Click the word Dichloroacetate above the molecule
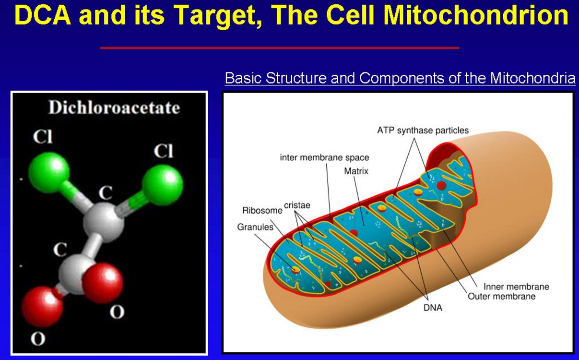point(114,108)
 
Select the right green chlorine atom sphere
point(163,185)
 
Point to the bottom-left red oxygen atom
point(42,307)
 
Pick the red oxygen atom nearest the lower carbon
point(102,283)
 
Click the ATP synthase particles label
point(423,131)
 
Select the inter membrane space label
point(324,157)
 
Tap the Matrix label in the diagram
point(356,171)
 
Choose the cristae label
point(297,205)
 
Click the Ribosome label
point(262,211)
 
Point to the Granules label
point(255,227)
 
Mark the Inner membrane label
point(516,287)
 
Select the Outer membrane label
point(502,296)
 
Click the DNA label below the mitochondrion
point(433,308)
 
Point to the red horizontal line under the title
point(279,48)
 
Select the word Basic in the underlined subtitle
point(244,78)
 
